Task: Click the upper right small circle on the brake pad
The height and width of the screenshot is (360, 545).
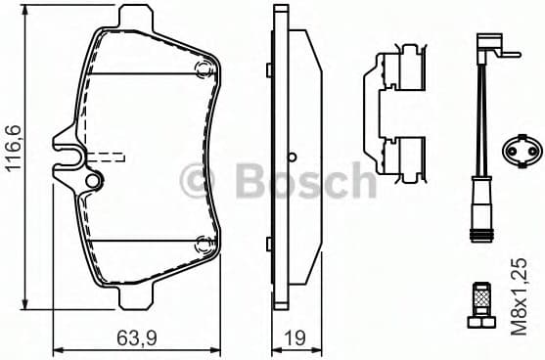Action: (x=204, y=67)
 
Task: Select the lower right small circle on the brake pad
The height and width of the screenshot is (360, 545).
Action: (x=204, y=245)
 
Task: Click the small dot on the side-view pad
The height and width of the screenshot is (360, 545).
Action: (x=293, y=156)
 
